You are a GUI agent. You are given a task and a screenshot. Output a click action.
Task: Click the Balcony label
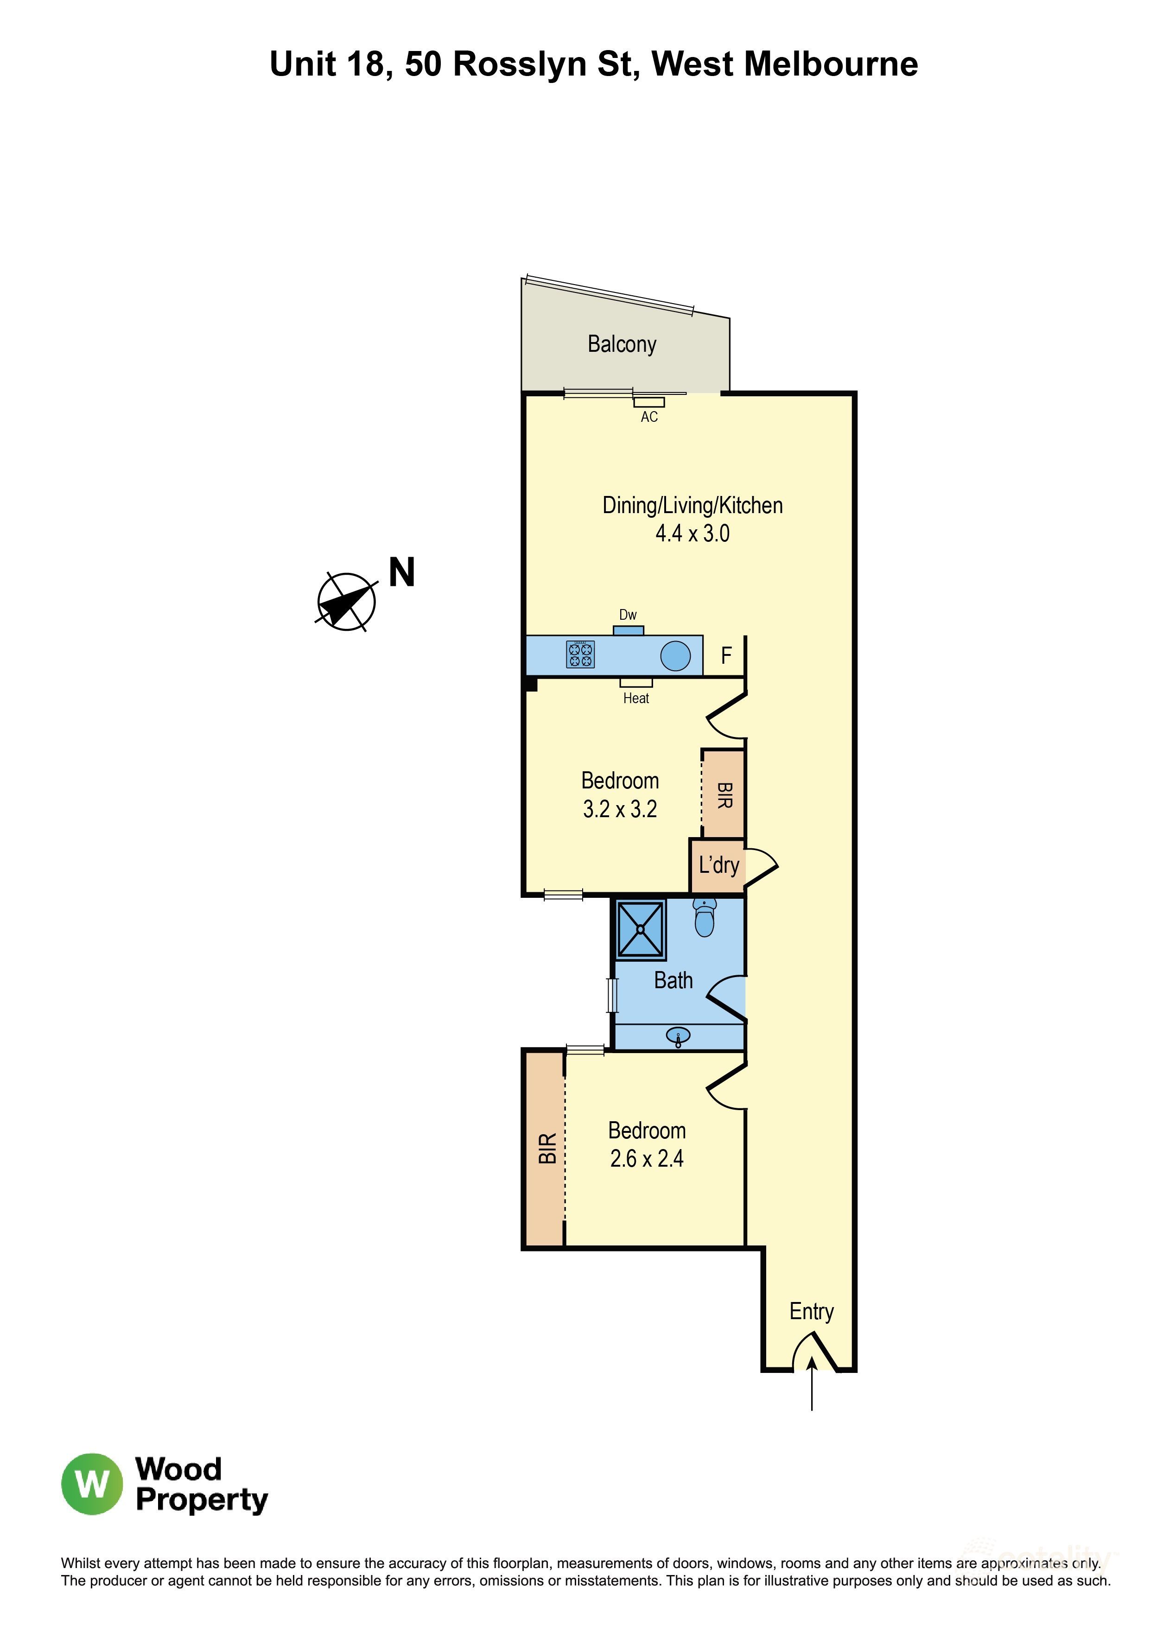click(x=622, y=344)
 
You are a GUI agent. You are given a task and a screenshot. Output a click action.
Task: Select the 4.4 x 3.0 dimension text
click(x=692, y=533)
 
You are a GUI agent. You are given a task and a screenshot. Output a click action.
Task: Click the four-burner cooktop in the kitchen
click(x=580, y=655)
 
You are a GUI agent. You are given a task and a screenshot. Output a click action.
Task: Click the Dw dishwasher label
click(x=628, y=615)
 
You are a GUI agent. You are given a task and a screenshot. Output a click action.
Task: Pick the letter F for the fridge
click(x=726, y=656)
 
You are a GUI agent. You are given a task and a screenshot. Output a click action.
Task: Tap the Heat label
click(x=636, y=698)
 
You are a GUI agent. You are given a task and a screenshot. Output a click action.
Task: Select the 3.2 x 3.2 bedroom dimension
click(x=620, y=809)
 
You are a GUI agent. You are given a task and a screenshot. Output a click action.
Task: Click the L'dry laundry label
click(x=719, y=865)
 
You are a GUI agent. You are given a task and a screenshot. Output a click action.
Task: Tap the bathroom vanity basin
click(x=678, y=1038)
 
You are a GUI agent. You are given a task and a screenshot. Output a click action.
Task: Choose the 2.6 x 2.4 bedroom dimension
click(x=647, y=1159)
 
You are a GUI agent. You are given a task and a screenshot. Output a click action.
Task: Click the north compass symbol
click(x=346, y=601)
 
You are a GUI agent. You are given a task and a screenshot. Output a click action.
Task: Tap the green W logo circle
click(x=92, y=1484)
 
